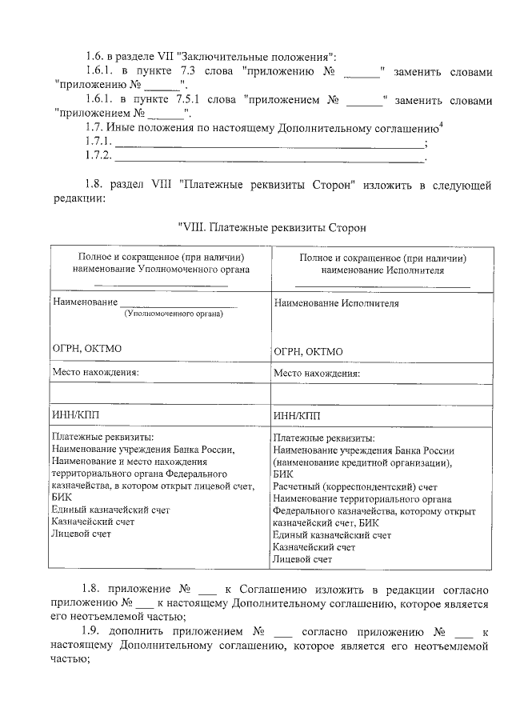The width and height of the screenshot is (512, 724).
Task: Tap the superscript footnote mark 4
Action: (x=442, y=124)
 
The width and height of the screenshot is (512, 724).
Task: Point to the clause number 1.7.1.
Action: (x=99, y=144)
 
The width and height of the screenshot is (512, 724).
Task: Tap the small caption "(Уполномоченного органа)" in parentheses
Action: (x=172, y=314)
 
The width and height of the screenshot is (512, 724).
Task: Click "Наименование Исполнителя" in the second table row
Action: (x=336, y=304)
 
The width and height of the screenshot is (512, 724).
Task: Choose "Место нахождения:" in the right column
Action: (x=317, y=373)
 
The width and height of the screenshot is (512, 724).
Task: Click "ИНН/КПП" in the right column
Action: (x=296, y=416)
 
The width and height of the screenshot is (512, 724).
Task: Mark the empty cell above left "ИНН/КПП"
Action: (x=160, y=394)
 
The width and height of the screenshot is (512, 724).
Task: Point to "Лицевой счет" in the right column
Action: (x=302, y=559)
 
